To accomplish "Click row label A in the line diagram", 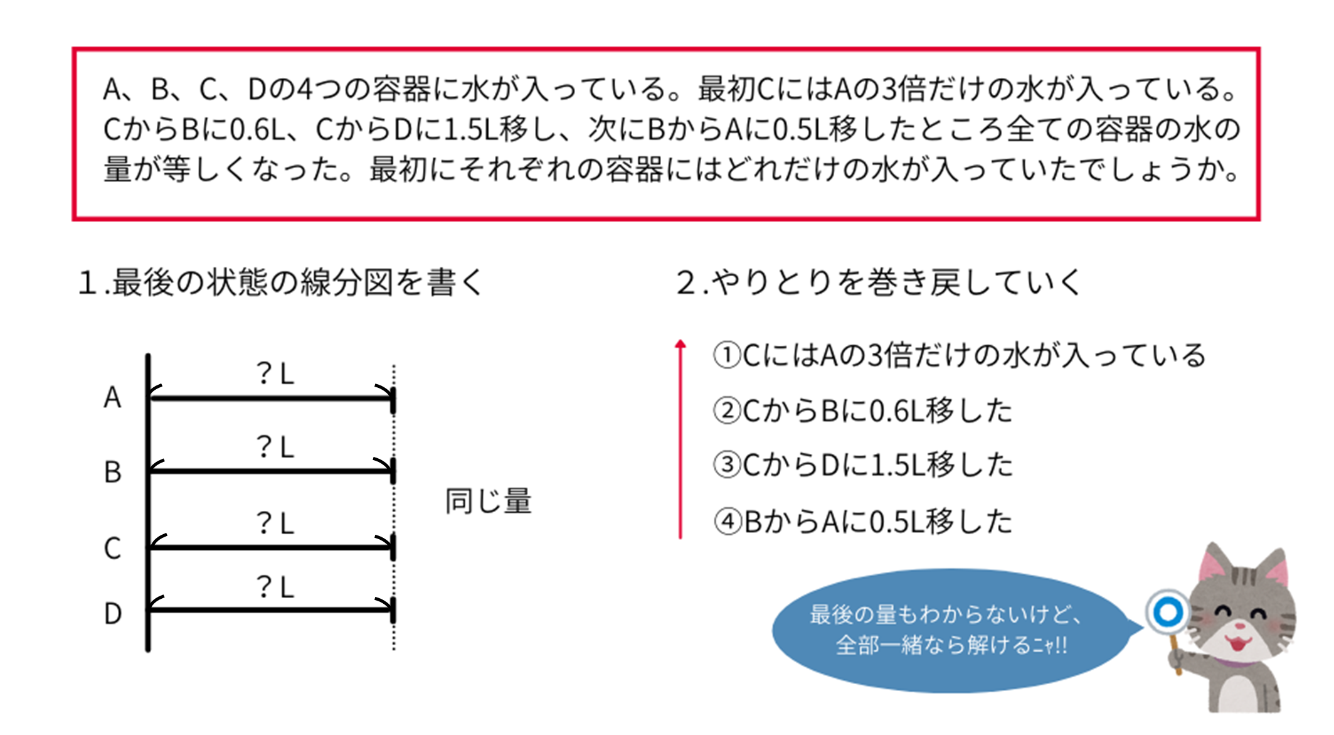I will coord(112,397).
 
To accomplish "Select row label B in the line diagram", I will coord(112,472).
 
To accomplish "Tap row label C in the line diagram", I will coord(112,548).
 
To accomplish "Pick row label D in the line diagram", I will coord(112,613).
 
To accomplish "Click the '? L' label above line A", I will coord(275,374).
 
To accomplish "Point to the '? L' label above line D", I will coord(275,587).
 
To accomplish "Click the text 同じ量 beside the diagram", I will coord(488,502).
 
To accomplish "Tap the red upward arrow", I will coord(680,439).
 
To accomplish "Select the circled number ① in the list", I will coord(728,355).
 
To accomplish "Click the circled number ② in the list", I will coord(728,411).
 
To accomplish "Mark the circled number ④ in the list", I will coord(728,522).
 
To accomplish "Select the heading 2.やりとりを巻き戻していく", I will coord(878,282).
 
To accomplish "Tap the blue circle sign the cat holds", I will coord(1168,611).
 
